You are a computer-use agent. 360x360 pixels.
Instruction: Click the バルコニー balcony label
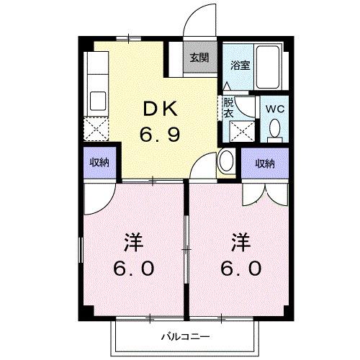(184, 336)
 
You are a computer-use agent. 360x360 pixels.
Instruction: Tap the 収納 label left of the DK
(100, 163)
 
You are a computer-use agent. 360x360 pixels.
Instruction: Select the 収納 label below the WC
(264, 163)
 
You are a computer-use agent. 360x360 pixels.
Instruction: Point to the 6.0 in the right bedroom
(240, 268)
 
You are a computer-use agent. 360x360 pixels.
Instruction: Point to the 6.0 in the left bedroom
(133, 269)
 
